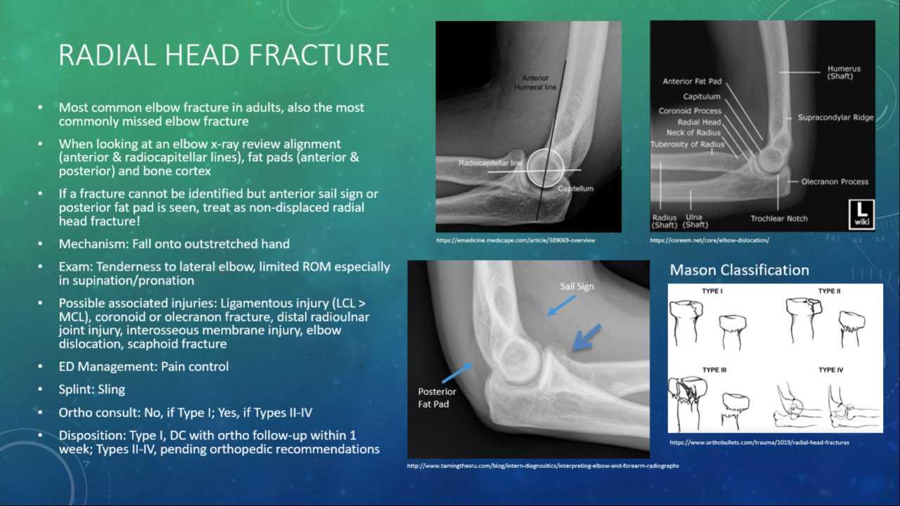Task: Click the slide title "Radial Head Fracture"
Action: [224, 55]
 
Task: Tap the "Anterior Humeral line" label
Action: [536, 82]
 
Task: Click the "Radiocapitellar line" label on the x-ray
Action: [490, 162]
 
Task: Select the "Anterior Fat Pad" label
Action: [692, 82]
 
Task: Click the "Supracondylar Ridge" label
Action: [835, 117]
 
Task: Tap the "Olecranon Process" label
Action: [835, 181]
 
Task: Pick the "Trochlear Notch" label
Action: [779, 219]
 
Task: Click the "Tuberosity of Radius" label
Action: [687, 144]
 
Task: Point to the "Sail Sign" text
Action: [577, 287]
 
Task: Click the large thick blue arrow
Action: [586, 337]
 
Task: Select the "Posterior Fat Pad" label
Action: [437, 398]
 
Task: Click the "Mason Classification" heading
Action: [739, 270]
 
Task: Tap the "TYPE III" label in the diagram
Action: [714, 370]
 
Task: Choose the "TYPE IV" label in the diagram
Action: [830, 370]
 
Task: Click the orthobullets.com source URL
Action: [759, 443]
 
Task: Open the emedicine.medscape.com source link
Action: [515, 240]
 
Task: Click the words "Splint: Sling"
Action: [92, 389]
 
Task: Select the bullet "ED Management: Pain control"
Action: [143, 366]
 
